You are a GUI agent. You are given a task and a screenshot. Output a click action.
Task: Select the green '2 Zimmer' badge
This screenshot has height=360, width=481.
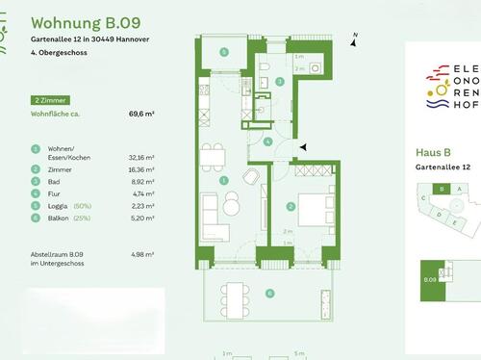(50, 100)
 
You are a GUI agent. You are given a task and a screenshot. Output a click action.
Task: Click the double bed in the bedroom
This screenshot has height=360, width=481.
(313, 208)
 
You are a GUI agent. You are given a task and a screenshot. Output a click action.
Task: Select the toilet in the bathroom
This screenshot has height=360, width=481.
(263, 65)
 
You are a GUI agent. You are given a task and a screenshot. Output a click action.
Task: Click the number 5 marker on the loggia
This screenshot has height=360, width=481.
(223, 52)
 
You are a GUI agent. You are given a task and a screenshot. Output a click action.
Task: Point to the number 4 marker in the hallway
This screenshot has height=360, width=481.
(269, 141)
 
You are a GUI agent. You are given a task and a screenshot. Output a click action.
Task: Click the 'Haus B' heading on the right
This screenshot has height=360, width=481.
(433, 152)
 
